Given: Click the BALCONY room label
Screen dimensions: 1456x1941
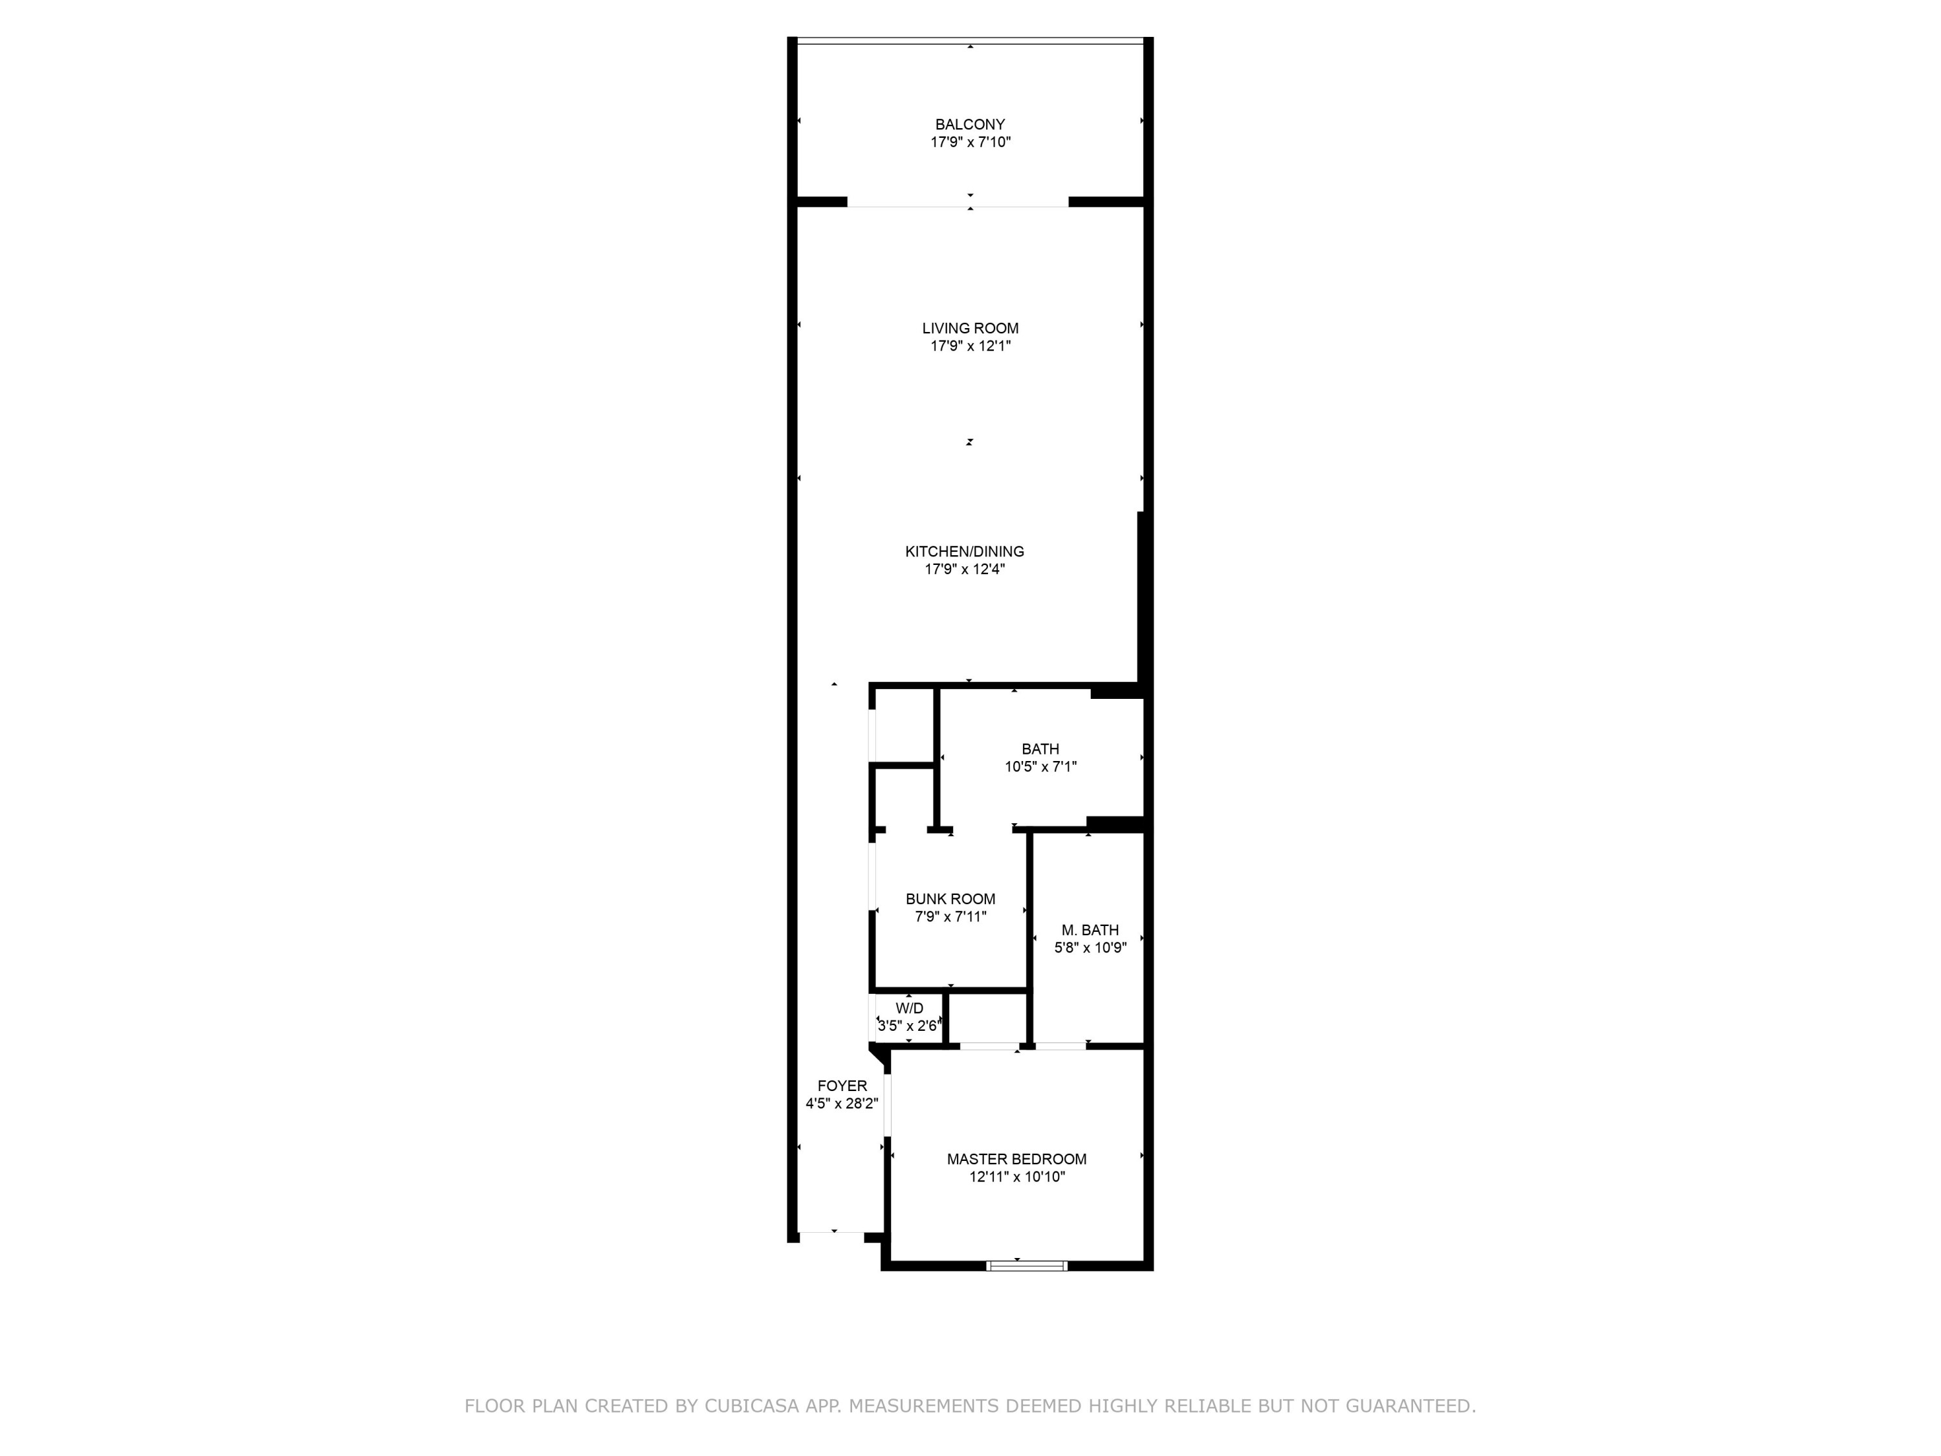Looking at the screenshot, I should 970,125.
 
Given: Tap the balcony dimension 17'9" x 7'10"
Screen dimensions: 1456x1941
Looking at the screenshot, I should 970,142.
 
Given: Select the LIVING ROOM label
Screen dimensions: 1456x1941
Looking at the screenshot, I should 970,328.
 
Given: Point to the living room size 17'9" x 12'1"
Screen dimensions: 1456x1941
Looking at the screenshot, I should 970,346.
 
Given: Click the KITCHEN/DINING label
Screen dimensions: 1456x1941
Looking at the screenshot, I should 965,551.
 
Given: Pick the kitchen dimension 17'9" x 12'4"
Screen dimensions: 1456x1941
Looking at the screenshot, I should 965,569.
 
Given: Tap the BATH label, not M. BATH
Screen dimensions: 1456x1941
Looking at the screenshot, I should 1040,749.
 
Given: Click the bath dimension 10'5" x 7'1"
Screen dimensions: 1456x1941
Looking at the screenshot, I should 1040,766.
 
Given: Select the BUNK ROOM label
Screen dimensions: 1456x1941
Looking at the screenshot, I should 950,899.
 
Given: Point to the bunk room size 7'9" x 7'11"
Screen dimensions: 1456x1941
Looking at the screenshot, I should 950,916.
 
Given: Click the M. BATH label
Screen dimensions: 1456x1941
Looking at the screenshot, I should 1090,929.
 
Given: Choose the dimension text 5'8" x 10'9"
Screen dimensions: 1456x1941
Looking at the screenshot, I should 1090,947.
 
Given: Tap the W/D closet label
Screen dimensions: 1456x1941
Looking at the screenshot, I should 909,1008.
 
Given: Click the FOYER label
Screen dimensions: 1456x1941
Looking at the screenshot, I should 842,1086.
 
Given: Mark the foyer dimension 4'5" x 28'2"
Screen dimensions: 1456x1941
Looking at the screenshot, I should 842,1103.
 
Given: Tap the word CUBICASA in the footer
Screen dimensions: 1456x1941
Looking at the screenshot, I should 751,1406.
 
